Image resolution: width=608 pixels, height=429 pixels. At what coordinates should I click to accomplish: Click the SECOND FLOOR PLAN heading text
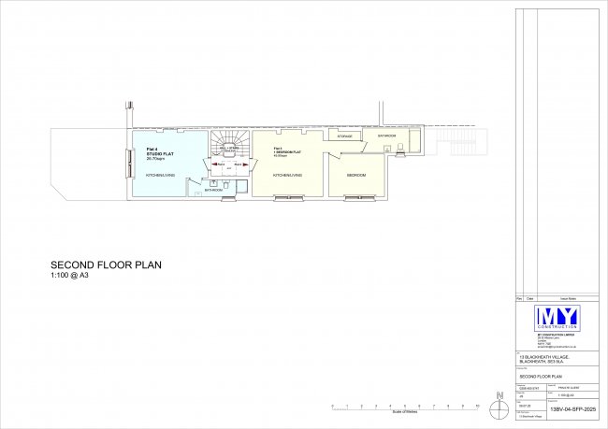106,265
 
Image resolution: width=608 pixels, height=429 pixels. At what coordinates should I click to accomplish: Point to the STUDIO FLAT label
155,154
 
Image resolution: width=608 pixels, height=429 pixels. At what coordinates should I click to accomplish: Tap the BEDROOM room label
355,175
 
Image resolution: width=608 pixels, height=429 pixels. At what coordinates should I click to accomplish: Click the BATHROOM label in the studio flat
213,190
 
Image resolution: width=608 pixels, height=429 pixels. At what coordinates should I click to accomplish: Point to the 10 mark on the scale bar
477,407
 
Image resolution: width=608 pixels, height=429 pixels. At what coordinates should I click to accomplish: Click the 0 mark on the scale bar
333,407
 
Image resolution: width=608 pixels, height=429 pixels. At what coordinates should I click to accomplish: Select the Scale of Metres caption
404,413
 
